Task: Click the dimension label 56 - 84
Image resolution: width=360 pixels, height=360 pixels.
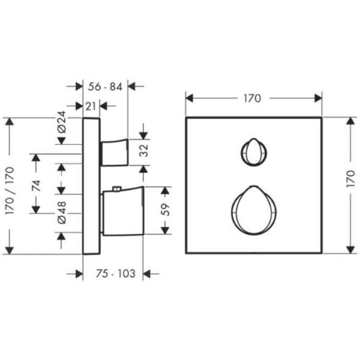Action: pos(106,87)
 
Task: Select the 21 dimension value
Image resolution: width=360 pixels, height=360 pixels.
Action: pos(91,106)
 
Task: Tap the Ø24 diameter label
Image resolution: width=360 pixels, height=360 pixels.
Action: pos(62,122)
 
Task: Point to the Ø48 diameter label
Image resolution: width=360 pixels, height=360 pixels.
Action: pos(62,212)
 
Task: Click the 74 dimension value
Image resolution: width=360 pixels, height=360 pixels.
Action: pos(36,186)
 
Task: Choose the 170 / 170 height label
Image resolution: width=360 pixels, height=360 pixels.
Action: pos(10,191)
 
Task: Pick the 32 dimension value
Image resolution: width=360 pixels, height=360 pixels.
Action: pos(144,151)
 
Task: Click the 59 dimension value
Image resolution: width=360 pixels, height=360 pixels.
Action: pos(166,209)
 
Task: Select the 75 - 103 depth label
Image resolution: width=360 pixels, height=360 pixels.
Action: pos(116,274)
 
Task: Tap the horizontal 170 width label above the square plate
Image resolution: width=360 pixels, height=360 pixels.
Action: pos(253,98)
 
